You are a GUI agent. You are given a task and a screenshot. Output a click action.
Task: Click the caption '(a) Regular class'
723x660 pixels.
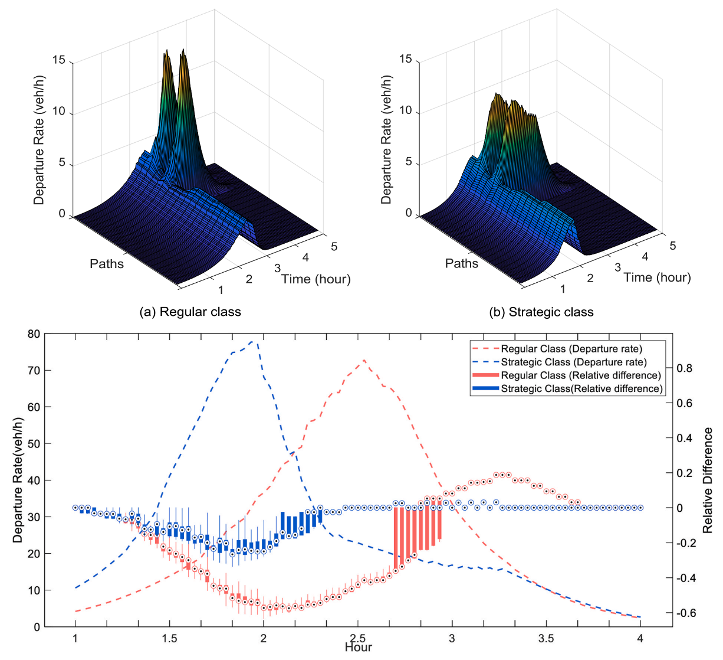click(190, 312)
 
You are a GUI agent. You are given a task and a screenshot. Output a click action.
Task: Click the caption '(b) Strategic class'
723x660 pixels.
click(541, 312)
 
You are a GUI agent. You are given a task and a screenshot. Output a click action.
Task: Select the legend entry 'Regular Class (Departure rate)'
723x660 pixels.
click(571, 349)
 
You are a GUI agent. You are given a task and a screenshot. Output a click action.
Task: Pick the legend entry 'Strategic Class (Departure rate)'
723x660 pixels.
click(574, 362)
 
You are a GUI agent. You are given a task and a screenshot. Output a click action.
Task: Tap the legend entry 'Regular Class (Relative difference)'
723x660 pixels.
click(581, 375)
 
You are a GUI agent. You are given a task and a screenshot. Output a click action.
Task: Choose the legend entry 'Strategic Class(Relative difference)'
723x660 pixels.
click(581, 388)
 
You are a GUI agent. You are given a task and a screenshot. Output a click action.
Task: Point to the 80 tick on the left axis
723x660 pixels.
click(34, 334)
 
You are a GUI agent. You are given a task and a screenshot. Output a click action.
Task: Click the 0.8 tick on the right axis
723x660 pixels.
click(684, 368)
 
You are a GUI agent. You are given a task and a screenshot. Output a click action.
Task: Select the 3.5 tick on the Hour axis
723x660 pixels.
click(546, 639)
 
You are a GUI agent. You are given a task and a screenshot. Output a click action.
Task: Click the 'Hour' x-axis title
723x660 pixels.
click(359, 648)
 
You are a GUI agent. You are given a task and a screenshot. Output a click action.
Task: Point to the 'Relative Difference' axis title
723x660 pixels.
click(708, 481)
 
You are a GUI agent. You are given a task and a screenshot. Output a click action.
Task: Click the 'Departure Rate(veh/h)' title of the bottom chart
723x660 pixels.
click(18, 481)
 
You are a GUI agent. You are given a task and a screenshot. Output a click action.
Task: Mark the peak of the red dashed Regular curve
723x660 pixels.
click(364, 360)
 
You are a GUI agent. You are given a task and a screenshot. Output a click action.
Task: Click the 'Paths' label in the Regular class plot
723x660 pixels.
click(107, 264)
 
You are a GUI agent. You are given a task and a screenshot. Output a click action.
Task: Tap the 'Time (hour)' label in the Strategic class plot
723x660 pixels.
click(657, 277)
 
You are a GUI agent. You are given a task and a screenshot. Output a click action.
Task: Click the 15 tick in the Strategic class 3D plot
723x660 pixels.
click(406, 59)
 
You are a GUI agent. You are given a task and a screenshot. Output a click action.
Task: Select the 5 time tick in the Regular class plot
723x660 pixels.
click(334, 247)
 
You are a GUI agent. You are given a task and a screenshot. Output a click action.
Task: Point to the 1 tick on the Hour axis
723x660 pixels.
click(75, 639)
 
